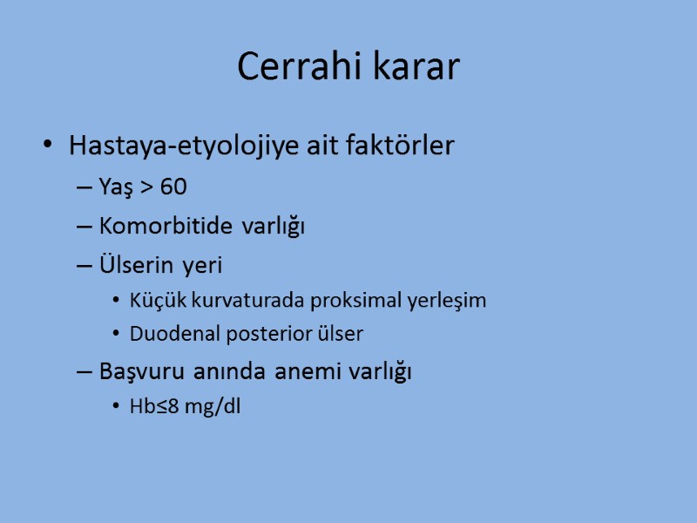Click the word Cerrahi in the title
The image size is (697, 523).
(290, 67)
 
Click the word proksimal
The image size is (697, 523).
(313, 301)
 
